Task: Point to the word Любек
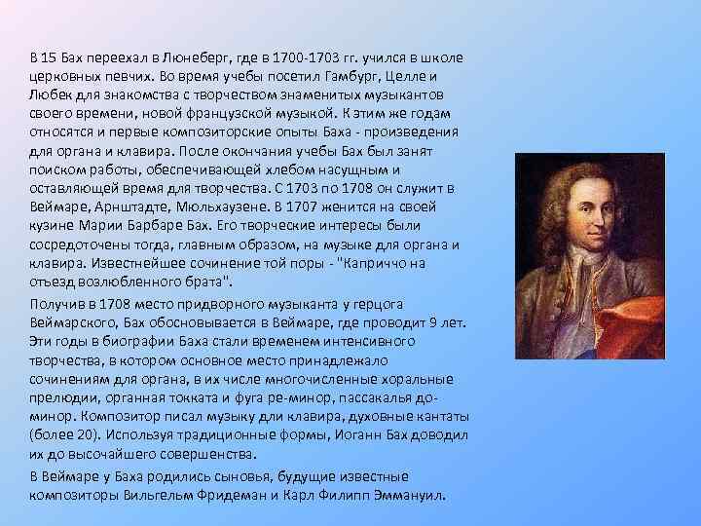point(49,95)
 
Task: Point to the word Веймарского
point(72,323)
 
